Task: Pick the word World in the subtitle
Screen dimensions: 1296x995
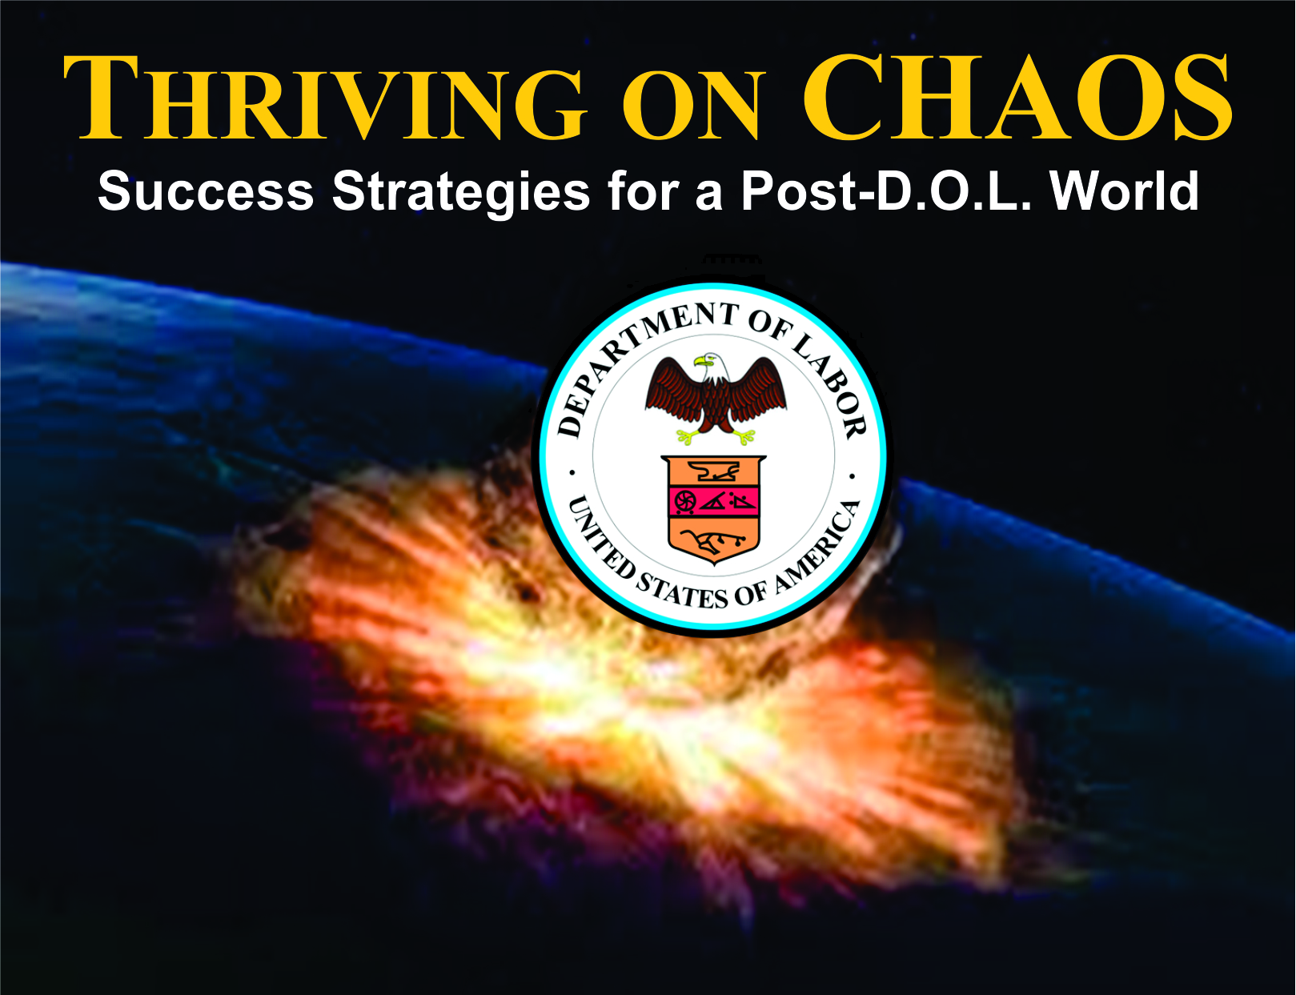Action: [x=1125, y=191]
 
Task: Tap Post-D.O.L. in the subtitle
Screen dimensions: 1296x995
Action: [x=886, y=191]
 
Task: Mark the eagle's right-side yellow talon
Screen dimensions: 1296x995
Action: [x=744, y=436]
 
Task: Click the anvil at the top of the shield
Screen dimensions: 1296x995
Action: [x=713, y=471]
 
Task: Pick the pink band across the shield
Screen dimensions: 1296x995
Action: [x=713, y=502]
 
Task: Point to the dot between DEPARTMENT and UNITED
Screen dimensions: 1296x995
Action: [x=572, y=473]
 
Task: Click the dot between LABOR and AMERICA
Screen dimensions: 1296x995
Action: [x=853, y=476]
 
